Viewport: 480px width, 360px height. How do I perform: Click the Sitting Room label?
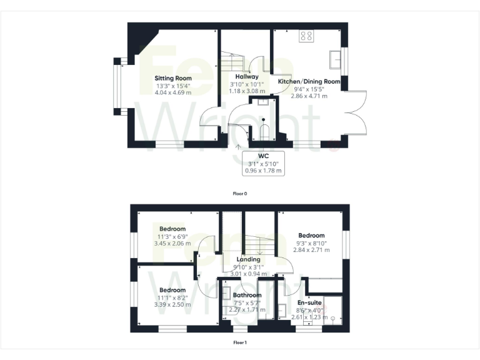tap(173, 78)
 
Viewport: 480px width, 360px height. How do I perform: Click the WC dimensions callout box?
tap(262, 162)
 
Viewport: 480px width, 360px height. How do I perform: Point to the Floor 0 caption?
tap(240, 194)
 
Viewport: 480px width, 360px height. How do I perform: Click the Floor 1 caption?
tap(240, 342)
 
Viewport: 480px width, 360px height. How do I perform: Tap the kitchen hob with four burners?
tap(306, 36)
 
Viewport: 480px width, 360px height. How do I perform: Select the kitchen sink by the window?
tap(334, 59)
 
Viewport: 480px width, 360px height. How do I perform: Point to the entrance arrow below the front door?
tap(238, 148)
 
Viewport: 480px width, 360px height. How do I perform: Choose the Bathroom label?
tap(246, 295)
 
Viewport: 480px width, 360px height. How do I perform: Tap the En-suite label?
tap(309, 302)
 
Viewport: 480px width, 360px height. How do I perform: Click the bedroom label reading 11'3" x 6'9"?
tap(172, 237)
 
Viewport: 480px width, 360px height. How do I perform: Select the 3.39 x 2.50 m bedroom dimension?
tap(172, 305)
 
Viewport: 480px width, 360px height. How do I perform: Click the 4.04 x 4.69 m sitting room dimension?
tap(173, 92)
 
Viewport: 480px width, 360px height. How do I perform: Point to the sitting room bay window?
tap(117, 86)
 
